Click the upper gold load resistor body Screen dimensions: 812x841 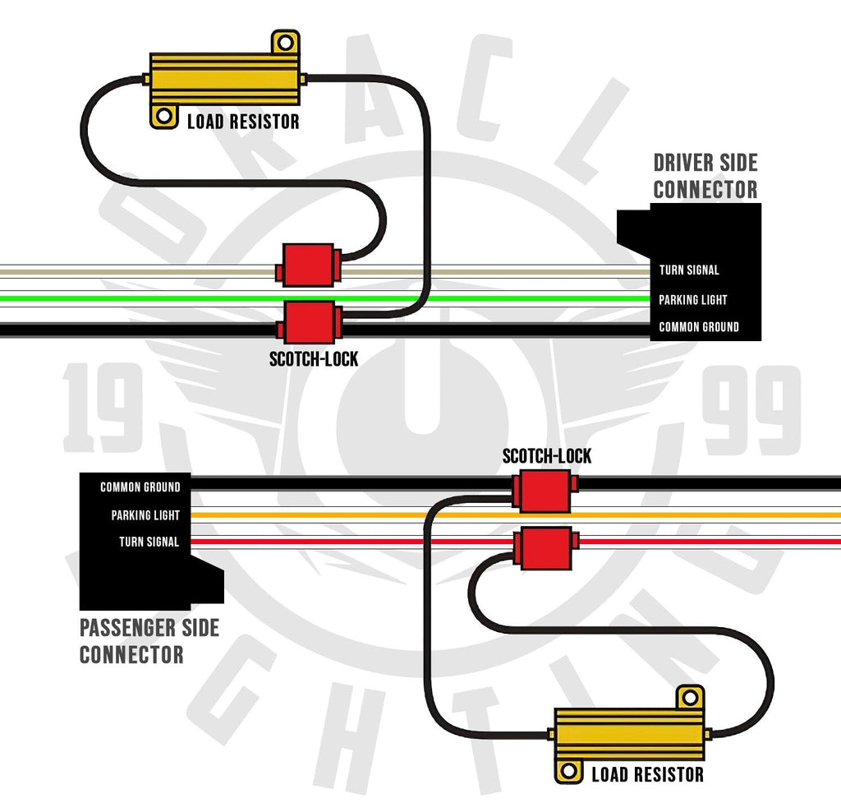227,79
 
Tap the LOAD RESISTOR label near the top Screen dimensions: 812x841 243,122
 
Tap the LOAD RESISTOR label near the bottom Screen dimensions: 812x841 647,774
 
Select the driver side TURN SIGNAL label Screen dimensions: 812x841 688,270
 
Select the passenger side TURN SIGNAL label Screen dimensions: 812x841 149,542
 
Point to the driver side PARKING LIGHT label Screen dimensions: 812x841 692,300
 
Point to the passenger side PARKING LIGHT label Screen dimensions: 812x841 145,515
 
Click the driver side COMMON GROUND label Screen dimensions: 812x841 698,327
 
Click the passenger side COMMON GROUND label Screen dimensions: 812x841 140,487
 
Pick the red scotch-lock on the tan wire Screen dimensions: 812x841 309,265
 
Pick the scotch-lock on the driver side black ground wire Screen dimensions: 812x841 309,322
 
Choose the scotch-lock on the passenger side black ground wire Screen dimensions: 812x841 543,491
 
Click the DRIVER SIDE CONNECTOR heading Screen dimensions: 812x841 705,177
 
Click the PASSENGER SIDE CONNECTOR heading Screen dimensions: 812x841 149,642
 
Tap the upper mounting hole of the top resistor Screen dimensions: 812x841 285,41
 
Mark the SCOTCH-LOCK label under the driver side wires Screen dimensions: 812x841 313,359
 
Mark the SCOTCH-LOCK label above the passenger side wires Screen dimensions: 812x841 546,456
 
